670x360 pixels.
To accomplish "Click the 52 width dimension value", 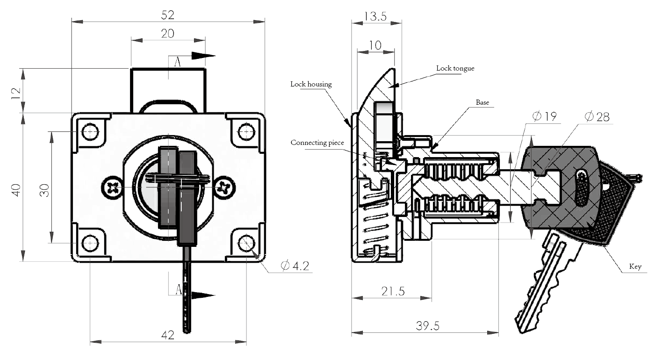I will tap(167, 15).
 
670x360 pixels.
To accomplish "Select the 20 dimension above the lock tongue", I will tap(167, 34).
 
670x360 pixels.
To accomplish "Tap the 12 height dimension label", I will tap(16, 92).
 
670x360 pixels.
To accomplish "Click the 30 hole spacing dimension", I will tap(44, 190).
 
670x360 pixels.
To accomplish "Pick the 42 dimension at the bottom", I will tap(167, 335).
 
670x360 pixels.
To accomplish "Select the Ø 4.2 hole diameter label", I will tap(295, 266).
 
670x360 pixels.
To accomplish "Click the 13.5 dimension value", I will tap(375, 17).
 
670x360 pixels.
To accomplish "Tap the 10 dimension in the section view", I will tap(375, 45).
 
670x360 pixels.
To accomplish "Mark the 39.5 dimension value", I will tap(427, 325).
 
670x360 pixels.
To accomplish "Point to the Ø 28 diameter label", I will tap(597, 116).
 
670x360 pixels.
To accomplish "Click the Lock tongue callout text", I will tap(455, 68).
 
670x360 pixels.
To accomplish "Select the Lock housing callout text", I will tap(311, 84).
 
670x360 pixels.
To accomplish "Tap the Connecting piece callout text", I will tap(317, 142).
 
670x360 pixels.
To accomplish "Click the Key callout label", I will tap(635, 266).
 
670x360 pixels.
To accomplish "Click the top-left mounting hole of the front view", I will tap(90, 132).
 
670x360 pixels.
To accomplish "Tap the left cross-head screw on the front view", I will tap(112, 188).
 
